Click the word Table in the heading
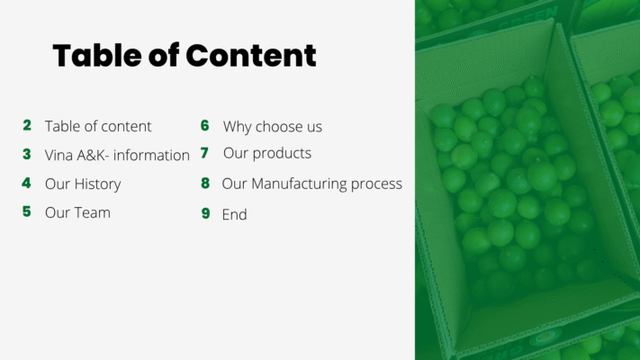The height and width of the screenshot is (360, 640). [x=97, y=55]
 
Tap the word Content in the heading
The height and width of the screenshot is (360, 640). [x=251, y=55]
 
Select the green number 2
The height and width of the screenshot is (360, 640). [x=27, y=125]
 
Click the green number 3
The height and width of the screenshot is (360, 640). [x=26, y=154]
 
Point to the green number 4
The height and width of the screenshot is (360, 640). [x=26, y=183]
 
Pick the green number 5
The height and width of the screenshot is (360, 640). [x=26, y=211]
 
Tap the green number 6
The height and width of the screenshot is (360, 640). [x=205, y=125]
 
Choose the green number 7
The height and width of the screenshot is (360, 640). [x=204, y=153]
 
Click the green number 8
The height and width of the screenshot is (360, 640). [x=205, y=184]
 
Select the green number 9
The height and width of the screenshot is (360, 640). [x=206, y=213]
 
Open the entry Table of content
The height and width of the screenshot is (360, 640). [x=98, y=127]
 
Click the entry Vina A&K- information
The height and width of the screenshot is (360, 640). [x=117, y=155]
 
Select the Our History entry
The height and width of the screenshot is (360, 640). [x=83, y=184]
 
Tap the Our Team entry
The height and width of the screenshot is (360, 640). [x=77, y=212]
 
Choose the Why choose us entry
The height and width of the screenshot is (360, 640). [x=272, y=127]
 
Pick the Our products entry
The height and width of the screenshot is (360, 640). [x=267, y=154]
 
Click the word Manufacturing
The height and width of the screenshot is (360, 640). [x=299, y=184]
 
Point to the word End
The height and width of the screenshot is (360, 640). [x=234, y=215]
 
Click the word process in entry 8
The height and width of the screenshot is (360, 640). [x=376, y=184]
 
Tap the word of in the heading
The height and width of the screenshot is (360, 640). [x=164, y=55]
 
